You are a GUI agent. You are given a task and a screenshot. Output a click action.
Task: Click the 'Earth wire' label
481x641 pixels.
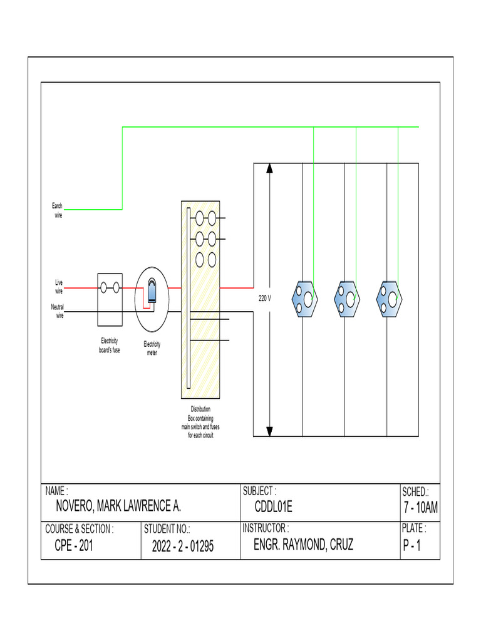56,210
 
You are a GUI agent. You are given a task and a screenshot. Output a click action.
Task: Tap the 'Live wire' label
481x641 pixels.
58,287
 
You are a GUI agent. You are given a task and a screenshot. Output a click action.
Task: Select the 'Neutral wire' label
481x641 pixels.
57,311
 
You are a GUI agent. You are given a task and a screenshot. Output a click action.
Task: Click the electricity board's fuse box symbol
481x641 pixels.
110,299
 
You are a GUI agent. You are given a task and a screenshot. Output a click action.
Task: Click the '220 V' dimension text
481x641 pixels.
265,299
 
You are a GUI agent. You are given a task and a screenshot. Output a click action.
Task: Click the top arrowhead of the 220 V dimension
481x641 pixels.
270,168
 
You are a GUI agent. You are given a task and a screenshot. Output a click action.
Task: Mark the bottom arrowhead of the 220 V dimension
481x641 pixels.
270,431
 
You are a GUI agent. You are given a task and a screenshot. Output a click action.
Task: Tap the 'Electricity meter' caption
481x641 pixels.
152,348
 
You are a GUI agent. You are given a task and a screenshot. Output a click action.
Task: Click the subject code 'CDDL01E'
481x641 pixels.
273,506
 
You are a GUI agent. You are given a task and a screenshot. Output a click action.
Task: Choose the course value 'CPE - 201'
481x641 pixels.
75,545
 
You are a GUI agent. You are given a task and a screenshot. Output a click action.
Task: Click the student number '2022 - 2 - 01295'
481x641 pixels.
182,546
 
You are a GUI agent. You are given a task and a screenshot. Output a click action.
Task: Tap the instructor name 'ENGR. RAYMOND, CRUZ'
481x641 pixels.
303,545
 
